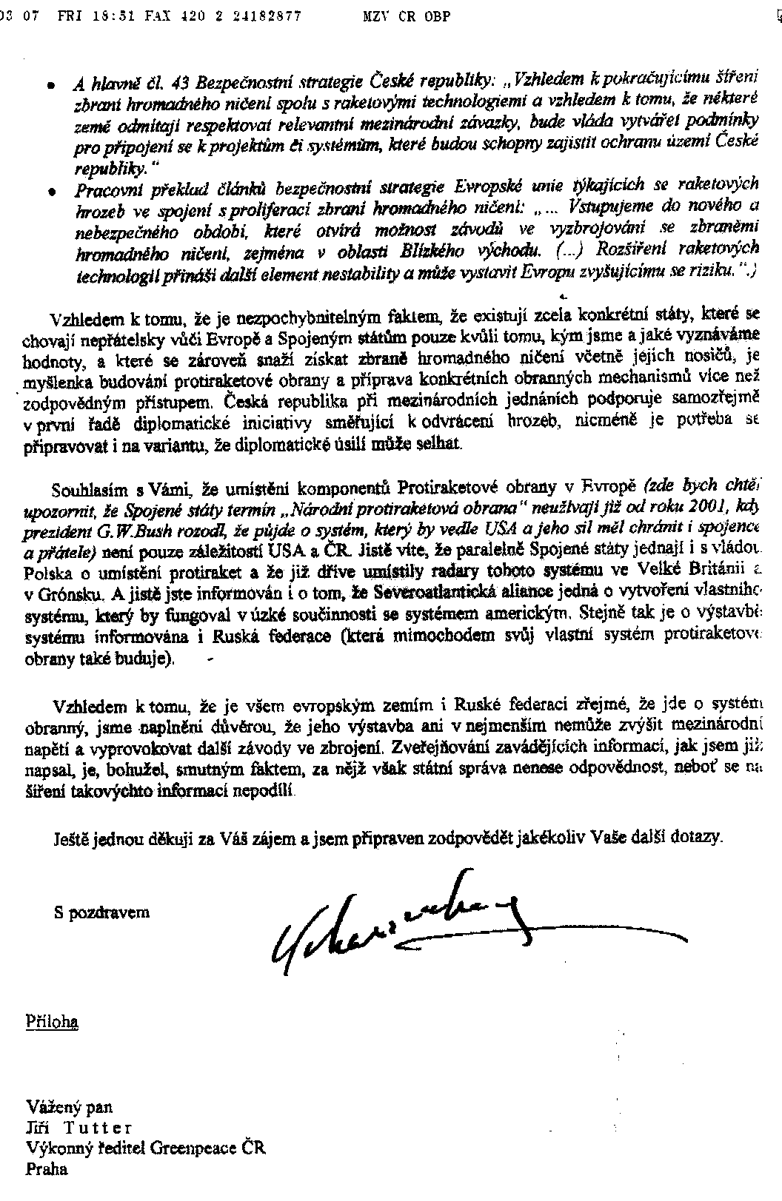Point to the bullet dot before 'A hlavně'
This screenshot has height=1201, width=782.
(51, 86)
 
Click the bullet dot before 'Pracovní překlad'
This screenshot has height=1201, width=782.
(51, 191)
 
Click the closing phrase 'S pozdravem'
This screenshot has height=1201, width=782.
(101, 912)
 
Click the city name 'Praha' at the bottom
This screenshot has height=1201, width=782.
(46, 1169)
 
